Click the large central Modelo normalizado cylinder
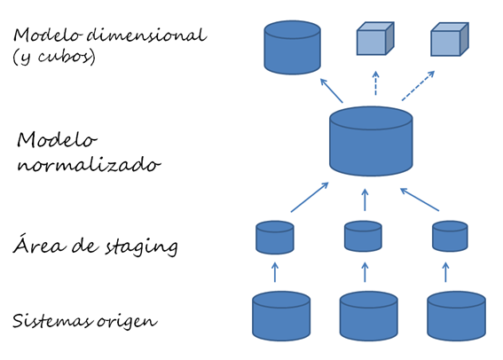click(x=370, y=141)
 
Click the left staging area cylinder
click(x=274, y=237)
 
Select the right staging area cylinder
click(x=450, y=237)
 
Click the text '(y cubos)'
click(x=53, y=57)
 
